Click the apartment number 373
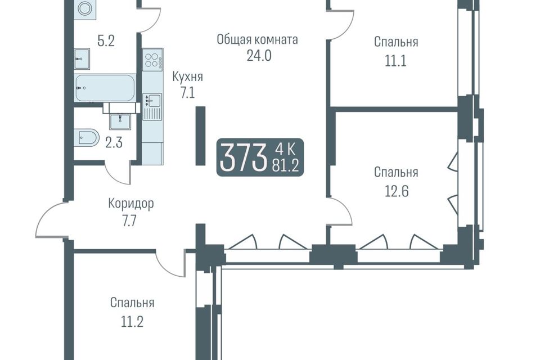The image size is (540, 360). (x=244, y=157)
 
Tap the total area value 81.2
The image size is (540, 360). (x=286, y=166)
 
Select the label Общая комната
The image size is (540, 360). (x=257, y=39)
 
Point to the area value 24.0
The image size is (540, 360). (x=259, y=55)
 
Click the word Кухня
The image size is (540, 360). (x=188, y=76)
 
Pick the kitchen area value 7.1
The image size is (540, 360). (x=187, y=93)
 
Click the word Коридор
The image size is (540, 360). (x=131, y=204)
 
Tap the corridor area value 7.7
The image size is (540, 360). (x=129, y=220)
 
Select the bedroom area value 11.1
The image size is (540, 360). (x=395, y=61)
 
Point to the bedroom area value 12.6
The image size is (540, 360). (x=396, y=191)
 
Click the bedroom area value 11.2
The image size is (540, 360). (x=132, y=322)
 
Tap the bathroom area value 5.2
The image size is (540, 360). (x=106, y=41)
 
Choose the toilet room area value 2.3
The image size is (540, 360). (x=114, y=142)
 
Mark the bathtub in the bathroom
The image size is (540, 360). (x=105, y=88)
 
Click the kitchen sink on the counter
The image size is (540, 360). (x=154, y=100)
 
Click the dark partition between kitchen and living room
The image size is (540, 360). (x=200, y=136)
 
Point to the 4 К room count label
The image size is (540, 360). (x=285, y=150)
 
